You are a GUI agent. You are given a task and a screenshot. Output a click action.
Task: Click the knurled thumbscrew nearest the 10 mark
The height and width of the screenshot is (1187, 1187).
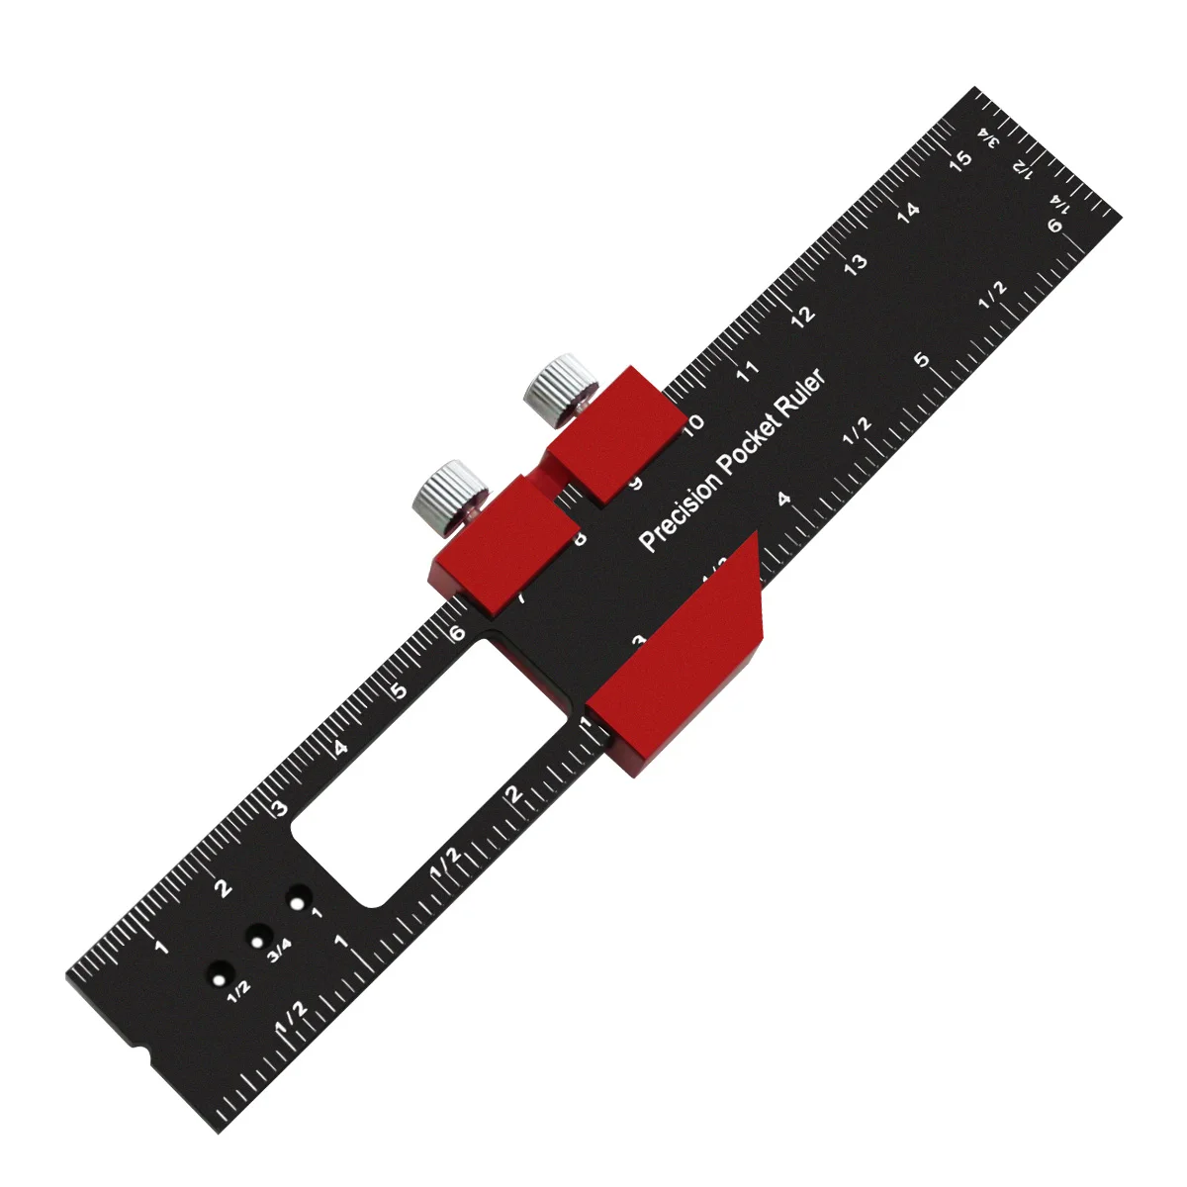(x=561, y=388)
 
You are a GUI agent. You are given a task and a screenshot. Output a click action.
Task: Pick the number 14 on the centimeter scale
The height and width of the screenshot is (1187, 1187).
(x=907, y=209)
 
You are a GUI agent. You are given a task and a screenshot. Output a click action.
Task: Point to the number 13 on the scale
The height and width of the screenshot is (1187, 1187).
(x=856, y=261)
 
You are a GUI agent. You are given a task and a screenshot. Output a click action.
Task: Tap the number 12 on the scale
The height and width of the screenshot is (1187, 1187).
(x=802, y=315)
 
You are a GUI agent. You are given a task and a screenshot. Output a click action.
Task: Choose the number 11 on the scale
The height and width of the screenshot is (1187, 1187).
(x=748, y=370)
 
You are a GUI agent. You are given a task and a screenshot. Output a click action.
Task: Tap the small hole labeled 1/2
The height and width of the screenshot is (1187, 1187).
(x=218, y=975)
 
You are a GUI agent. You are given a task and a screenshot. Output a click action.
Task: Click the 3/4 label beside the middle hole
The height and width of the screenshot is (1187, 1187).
(x=279, y=950)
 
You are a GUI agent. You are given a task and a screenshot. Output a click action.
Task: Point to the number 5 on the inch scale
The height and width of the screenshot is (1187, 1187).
(x=922, y=360)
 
